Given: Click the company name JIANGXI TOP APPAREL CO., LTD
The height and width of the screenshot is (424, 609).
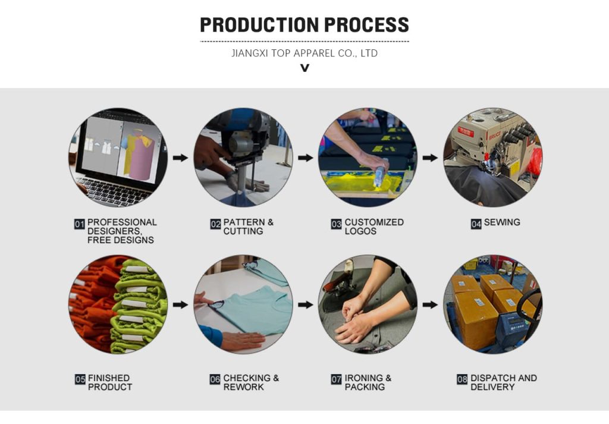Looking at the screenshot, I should (x=304, y=54).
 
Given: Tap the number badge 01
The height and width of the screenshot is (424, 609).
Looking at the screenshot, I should (x=80, y=224).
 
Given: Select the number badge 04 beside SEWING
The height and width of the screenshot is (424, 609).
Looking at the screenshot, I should (x=476, y=224).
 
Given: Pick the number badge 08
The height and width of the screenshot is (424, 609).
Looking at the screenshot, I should (x=462, y=379).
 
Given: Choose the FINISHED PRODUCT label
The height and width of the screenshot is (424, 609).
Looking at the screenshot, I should (x=109, y=382).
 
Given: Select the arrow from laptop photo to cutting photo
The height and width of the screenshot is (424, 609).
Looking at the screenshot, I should (x=180, y=158).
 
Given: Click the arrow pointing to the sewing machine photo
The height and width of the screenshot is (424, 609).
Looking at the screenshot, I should (x=431, y=158).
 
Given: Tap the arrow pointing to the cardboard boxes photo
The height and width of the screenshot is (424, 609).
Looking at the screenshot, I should (x=431, y=304).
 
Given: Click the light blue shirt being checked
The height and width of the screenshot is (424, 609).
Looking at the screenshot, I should (x=253, y=309).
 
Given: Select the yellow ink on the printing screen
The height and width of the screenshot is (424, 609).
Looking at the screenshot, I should (x=357, y=181).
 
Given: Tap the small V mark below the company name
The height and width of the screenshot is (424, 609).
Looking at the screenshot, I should (x=304, y=68).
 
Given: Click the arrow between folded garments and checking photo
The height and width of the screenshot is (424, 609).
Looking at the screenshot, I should (x=180, y=304).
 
